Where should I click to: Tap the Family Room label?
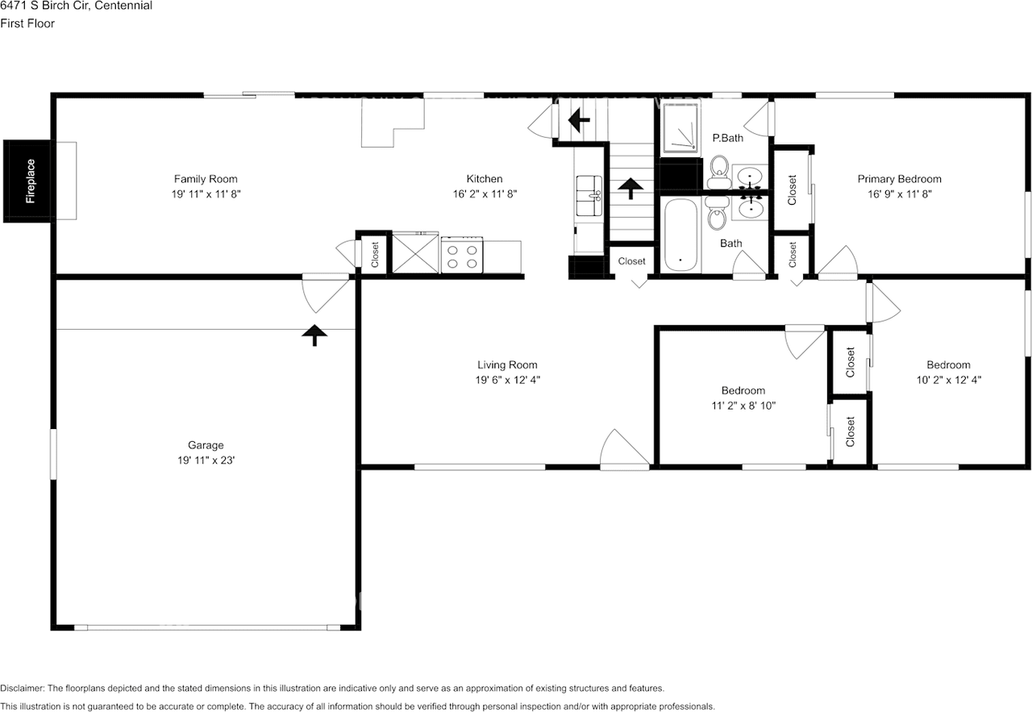(206, 179)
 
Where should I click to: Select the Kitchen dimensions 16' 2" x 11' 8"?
(484, 194)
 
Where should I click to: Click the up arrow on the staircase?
(630, 188)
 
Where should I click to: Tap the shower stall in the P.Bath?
(680, 127)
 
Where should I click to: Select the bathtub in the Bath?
(681, 235)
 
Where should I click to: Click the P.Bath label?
(727, 138)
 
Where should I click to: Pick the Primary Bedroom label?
(899, 179)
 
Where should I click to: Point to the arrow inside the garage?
(314, 335)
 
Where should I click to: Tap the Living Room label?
(506, 365)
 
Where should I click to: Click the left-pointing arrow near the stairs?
(579, 122)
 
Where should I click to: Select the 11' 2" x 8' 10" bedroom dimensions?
(743, 406)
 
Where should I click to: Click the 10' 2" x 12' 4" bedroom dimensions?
(948, 380)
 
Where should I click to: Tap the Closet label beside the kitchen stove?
(375, 255)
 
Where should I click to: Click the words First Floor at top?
(27, 23)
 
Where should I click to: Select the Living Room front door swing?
(622, 449)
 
